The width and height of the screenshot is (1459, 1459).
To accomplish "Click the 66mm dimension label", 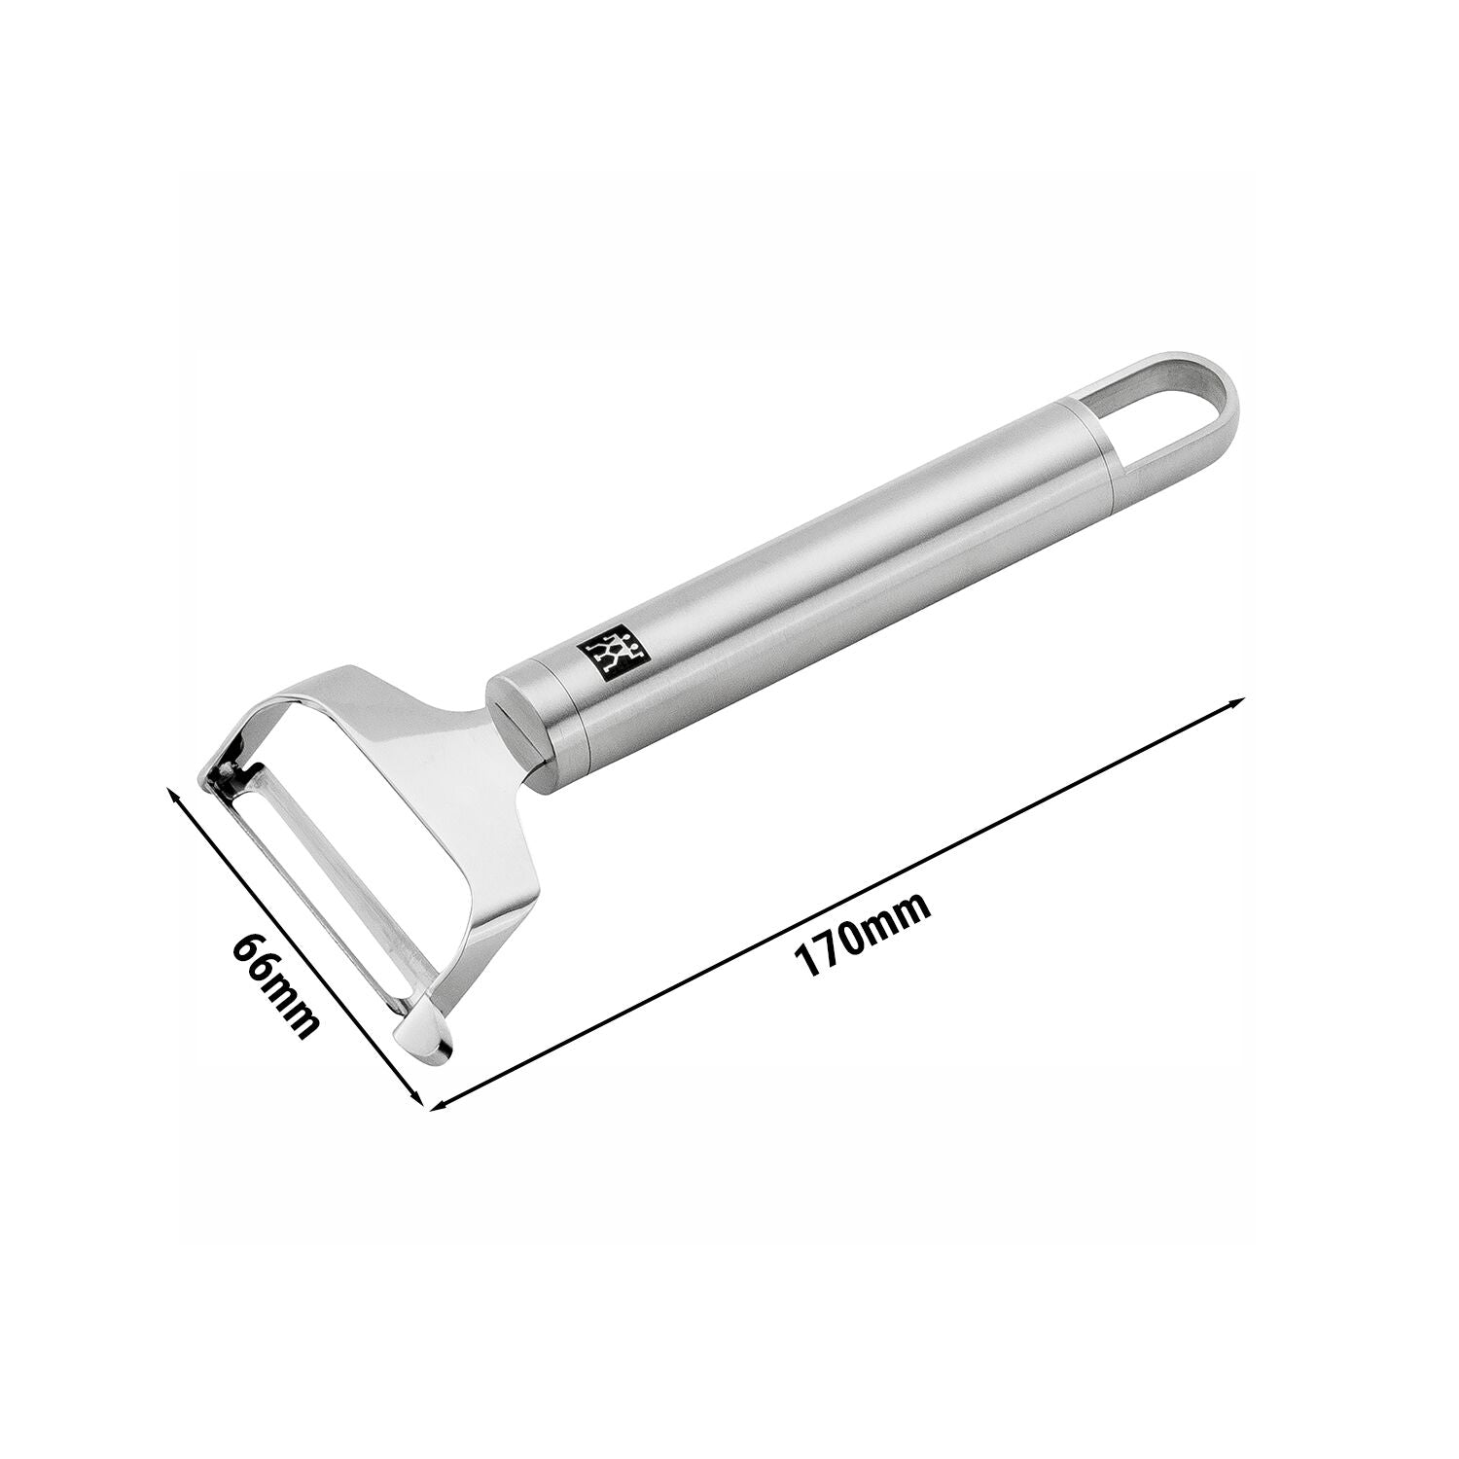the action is (x=276, y=985).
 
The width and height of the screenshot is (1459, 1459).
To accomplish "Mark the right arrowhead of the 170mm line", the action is (x=1232, y=702).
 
